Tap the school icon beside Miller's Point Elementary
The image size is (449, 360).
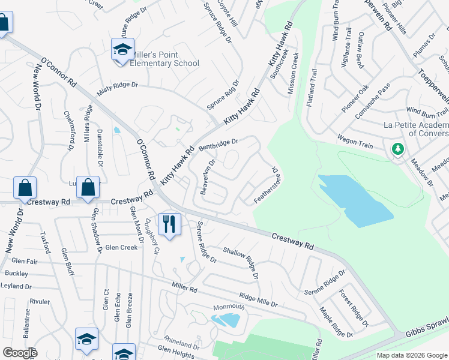(x=122, y=49)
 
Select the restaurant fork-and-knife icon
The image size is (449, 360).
(x=169, y=224)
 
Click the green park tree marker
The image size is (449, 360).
(x=397, y=148)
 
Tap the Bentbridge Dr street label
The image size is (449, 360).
(x=218, y=144)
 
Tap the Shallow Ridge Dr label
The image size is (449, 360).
(x=241, y=258)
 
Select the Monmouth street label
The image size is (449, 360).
(x=229, y=307)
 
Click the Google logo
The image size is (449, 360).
(x=20, y=353)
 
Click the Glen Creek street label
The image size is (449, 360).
(x=121, y=247)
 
